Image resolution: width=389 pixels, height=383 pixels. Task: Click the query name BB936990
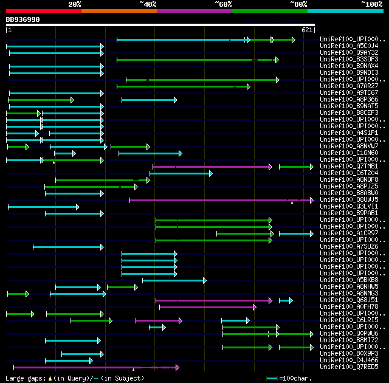(x=22, y=19)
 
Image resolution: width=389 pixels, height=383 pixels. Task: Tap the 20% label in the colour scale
(x=75, y=4)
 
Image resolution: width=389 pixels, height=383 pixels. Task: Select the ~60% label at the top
(x=223, y=4)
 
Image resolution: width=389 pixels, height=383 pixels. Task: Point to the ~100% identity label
(x=371, y=4)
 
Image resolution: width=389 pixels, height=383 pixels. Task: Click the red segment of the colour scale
(x=43, y=10)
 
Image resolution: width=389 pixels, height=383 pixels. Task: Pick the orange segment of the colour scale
(x=119, y=10)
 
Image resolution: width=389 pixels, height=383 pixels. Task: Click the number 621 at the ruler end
(x=307, y=30)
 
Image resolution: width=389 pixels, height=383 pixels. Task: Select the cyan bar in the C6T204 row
(x=181, y=173)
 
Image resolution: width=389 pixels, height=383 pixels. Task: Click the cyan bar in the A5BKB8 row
(x=174, y=280)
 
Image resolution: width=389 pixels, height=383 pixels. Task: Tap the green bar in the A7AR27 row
(x=182, y=86)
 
